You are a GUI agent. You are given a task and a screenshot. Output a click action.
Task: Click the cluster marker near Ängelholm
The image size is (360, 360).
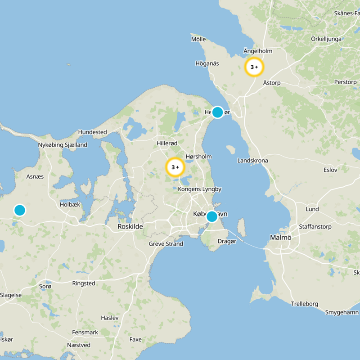[254, 67]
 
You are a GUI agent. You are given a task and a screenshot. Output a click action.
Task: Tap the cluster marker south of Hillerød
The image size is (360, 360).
[175, 167]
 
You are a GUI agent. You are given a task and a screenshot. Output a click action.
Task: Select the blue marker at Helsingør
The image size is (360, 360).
[217, 112]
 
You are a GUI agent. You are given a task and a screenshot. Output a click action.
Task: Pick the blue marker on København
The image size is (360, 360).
[211, 216]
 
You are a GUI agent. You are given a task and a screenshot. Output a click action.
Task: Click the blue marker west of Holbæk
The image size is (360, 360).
[19, 210]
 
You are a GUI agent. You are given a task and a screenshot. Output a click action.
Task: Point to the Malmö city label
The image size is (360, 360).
[281, 237]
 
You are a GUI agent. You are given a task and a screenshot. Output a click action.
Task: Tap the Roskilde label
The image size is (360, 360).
[130, 227]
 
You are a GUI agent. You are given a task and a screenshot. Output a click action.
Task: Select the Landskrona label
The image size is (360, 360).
[252, 161]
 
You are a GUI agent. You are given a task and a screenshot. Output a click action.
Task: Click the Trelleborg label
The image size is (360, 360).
[305, 304]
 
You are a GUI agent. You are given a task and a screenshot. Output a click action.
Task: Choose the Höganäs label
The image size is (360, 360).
[207, 63]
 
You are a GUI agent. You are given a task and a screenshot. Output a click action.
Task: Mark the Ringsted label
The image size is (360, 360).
[84, 283]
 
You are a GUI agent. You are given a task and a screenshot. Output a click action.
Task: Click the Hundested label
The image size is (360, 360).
[92, 132]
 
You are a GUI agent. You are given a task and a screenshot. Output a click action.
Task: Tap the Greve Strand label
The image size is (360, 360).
[166, 244]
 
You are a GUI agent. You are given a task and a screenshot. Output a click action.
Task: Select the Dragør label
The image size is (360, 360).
[227, 241]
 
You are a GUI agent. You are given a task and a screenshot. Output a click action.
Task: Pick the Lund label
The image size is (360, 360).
[312, 209]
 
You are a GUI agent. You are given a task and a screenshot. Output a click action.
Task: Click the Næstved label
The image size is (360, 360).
[79, 345]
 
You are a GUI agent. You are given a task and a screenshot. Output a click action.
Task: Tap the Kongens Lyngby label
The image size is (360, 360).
[200, 189]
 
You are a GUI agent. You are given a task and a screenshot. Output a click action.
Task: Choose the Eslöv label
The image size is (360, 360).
[330, 170]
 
